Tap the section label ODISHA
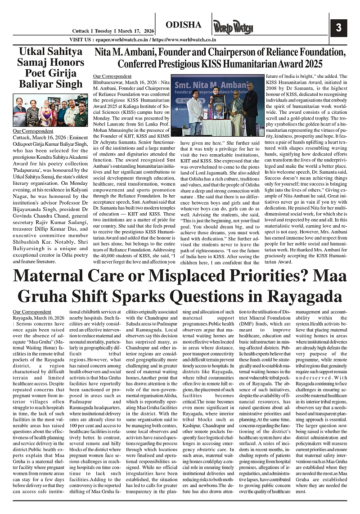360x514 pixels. (184, 25)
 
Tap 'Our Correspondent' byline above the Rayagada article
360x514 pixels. (32, 311)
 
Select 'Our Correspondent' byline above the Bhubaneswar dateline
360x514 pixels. (112, 76)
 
